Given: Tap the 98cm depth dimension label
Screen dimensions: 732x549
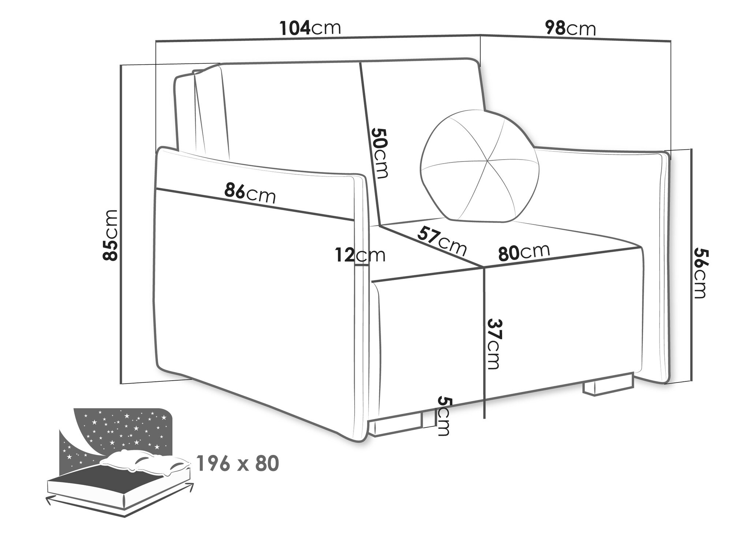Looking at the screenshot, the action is click(570, 28).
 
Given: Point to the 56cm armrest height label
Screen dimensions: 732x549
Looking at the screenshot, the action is click(700, 273).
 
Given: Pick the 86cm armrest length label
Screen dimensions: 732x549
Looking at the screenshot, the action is click(250, 193).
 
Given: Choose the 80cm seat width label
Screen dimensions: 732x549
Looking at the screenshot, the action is click(524, 252).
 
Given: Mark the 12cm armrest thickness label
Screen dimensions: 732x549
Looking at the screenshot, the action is click(360, 255).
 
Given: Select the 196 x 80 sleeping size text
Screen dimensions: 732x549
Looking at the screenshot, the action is click(238, 463).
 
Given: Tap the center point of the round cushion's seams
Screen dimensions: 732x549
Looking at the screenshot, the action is click(488, 161).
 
